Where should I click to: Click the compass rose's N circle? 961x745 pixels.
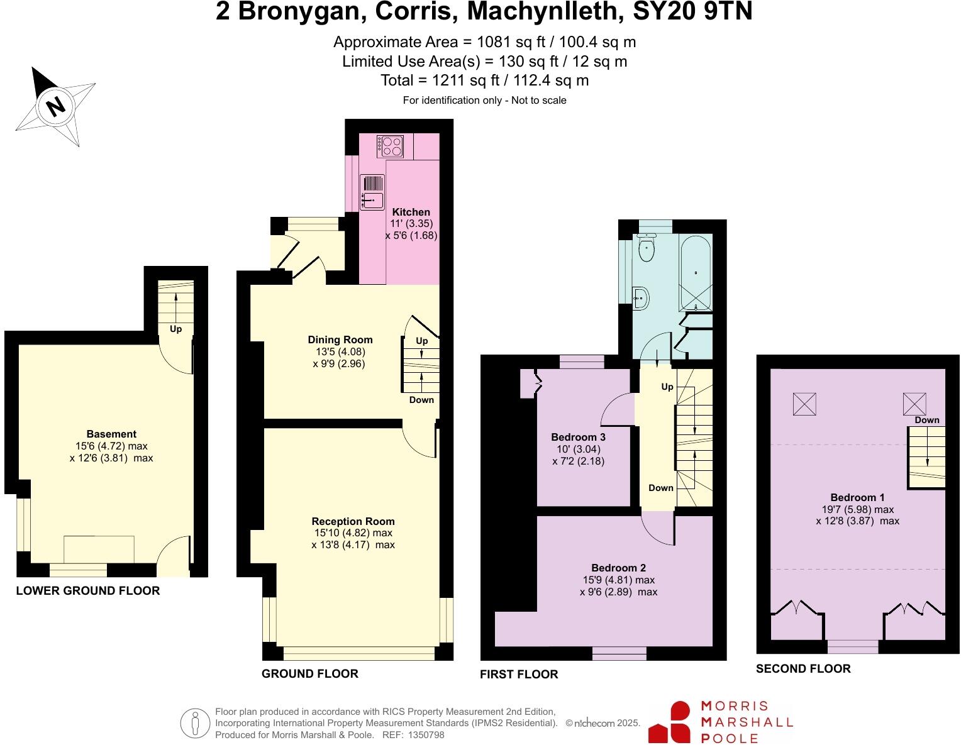pyautogui.click(x=56, y=105)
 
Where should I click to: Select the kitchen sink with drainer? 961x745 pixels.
pyautogui.click(x=372, y=192)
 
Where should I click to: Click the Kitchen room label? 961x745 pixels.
pyautogui.click(x=411, y=212)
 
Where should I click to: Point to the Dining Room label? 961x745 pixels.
pyautogui.click(x=340, y=340)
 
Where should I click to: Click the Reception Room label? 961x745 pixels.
pyautogui.click(x=353, y=521)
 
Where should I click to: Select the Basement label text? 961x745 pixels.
pyautogui.click(x=111, y=434)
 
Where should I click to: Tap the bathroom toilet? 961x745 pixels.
pyautogui.click(x=646, y=248)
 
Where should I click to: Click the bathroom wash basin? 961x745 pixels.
pyautogui.click(x=640, y=298)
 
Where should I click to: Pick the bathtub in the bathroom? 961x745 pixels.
pyautogui.click(x=696, y=272)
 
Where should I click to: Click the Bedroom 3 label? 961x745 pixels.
pyautogui.click(x=578, y=437)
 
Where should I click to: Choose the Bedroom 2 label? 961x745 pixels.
pyautogui.click(x=618, y=568)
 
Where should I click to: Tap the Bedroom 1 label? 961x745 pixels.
pyautogui.click(x=857, y=497)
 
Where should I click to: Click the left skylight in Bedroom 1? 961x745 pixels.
pyautogui.click(x=804, y=404)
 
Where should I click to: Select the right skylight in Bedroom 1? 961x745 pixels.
pyautogui.click(x=914, y=403)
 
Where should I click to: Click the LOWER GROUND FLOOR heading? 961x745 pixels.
pyautogui.click(x=88, y=591)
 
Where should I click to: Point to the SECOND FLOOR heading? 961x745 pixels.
pyautogui.click(x=803, y=669)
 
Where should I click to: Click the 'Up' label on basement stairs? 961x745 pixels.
pyautogui.click(x=175, y=329)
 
